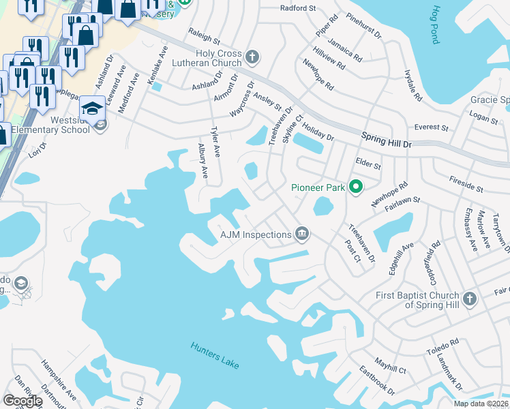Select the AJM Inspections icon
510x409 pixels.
click(302, 235)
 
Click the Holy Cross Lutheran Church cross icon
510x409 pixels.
click(252, 57)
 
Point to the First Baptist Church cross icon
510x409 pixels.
click(469, 299)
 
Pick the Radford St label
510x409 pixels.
click(299, 9)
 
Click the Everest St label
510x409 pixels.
click(432, 127)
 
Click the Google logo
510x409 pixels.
click(22, 401)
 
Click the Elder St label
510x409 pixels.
click(368, 163)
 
